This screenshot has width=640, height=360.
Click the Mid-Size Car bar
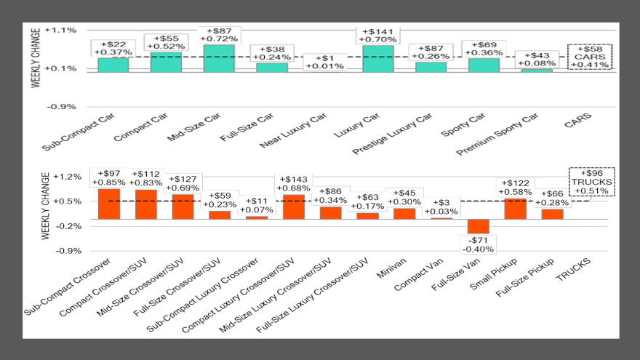(x=219, y=58)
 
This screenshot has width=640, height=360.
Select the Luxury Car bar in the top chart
(x=377, y=59)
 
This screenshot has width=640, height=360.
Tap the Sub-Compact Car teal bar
(x=113, y=64)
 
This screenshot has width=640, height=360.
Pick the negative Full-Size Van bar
(x=479, y=226)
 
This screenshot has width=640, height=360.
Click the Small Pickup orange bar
(x=515, y=209)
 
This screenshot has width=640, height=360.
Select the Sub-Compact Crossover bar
(x=108, y=204)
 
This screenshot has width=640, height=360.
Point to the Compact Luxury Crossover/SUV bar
(x=293, y=207)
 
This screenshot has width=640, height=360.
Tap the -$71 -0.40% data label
(x=479, y=244)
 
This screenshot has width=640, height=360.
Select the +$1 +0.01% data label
(x=324, y=63)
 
